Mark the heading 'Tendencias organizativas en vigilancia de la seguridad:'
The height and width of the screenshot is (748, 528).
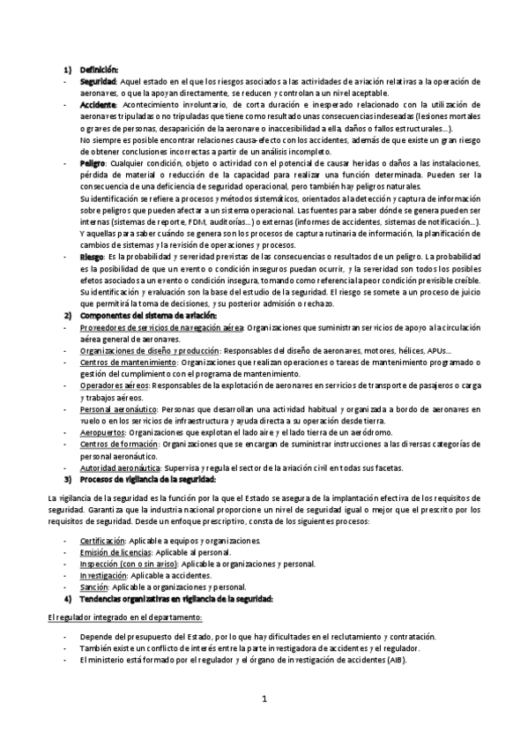tap(176, 599)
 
